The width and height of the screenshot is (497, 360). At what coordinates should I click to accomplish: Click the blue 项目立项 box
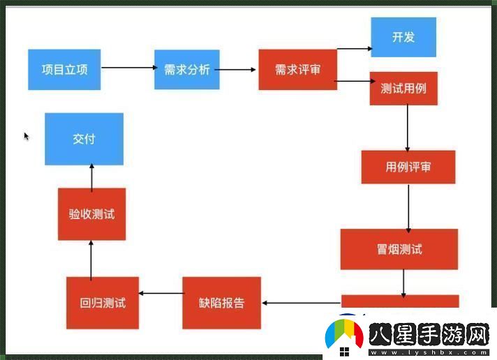point(64,70)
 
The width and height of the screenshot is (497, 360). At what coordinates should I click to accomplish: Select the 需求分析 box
point(187,70)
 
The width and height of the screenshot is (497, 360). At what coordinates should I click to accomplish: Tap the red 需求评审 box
point(297,70)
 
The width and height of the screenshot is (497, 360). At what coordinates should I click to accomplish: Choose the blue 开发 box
point(403,37)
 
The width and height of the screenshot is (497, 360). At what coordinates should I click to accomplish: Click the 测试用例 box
point(403,89)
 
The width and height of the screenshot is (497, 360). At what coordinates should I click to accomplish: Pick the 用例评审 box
point(408,167)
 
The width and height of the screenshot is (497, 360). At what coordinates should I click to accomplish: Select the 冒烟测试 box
point(399,249)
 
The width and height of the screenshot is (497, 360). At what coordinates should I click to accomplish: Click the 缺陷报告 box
point(222,303)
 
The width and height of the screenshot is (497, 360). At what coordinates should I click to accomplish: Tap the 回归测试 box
point(103,303)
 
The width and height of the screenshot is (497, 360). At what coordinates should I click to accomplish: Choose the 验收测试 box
point(91,214)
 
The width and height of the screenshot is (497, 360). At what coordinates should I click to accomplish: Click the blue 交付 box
point(84,139)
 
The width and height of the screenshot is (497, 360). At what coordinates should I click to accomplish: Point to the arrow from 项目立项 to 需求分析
point(128,68)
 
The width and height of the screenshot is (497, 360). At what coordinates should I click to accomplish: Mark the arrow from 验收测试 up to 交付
point(91,177)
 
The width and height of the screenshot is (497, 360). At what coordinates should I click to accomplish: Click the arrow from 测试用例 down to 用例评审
point(407,128)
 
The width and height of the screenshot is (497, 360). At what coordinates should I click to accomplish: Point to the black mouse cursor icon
point(27,136)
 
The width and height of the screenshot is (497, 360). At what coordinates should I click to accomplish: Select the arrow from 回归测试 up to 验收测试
point(91,258)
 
